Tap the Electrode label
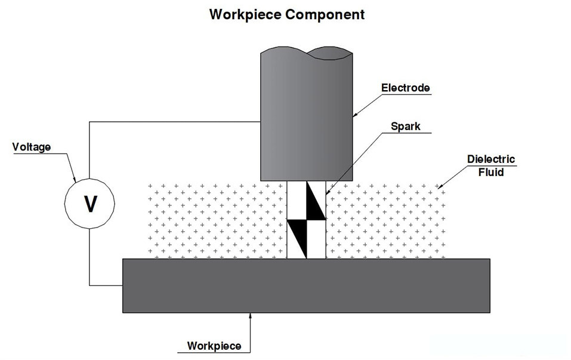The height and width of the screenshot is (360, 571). pos(406,88)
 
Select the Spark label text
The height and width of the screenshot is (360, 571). pos(405,126)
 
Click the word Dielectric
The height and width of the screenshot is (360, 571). pos(491,160)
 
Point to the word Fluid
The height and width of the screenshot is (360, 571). pos(491,173)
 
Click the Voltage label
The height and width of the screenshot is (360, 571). pos(32,147)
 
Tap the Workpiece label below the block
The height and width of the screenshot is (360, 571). pos(214,346)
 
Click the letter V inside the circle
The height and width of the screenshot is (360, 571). pos(90,204)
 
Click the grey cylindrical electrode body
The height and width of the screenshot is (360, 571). pos(306,119)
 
